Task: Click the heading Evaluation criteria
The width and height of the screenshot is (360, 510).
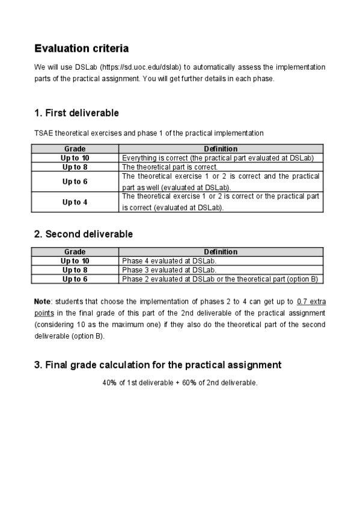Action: pos(81,48)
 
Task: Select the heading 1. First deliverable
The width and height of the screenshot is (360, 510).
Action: pos(76,113)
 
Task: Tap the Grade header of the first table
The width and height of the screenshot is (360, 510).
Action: pos(75,149)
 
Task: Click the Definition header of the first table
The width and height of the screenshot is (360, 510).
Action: pos(221,149)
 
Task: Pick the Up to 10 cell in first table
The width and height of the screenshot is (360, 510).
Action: pos(75,158)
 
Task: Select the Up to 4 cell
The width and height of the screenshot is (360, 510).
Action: pos(75,202)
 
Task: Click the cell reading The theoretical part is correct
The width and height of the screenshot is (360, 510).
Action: pos(170,167)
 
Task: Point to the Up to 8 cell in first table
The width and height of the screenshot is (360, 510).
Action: pos(75,167)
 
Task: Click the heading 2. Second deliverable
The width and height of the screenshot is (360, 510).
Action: pos(84,234)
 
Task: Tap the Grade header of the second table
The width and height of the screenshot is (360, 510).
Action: pos(75,252)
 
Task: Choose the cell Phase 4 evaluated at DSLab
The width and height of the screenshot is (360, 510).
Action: pos(169,261)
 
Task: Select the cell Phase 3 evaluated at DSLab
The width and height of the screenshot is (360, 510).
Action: pos(169,270)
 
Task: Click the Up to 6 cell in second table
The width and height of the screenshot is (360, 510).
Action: pos(75,279)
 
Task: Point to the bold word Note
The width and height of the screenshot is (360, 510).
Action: pos(42,301)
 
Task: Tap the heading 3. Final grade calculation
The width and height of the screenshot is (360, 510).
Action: pos(157,364)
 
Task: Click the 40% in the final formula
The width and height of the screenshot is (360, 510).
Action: pos(110,382)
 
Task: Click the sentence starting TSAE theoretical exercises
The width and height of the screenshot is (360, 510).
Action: pos(148,132)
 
